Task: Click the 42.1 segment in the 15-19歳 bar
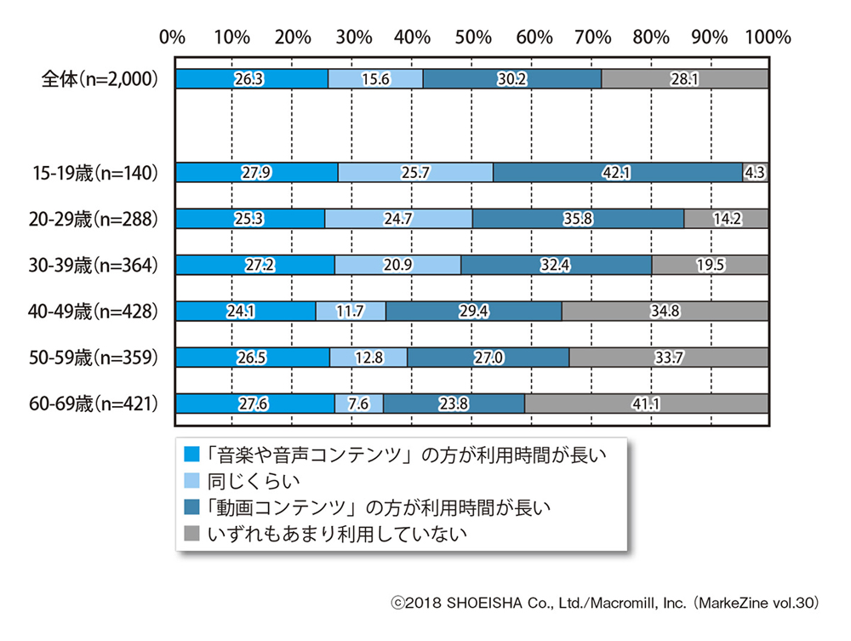pos(618,173)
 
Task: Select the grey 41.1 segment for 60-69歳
pos(647,403)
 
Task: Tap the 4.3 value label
pos(755,173)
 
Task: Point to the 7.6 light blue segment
pos(359,403)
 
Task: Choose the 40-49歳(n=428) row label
pos(93,311)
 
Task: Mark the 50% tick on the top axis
pos(472,37)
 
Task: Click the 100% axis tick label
pos(768,37)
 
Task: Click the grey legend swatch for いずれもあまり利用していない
pos(191,534)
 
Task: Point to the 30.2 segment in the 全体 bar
pos(512,79)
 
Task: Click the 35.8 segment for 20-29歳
pos(579,219)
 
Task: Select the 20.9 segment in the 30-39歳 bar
pos(398,265)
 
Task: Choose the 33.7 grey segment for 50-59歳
pos(669,357)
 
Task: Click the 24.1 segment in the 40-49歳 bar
pos(245,311)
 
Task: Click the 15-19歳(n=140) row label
pos(93,173)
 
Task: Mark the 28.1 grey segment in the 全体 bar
pos(685,79)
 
